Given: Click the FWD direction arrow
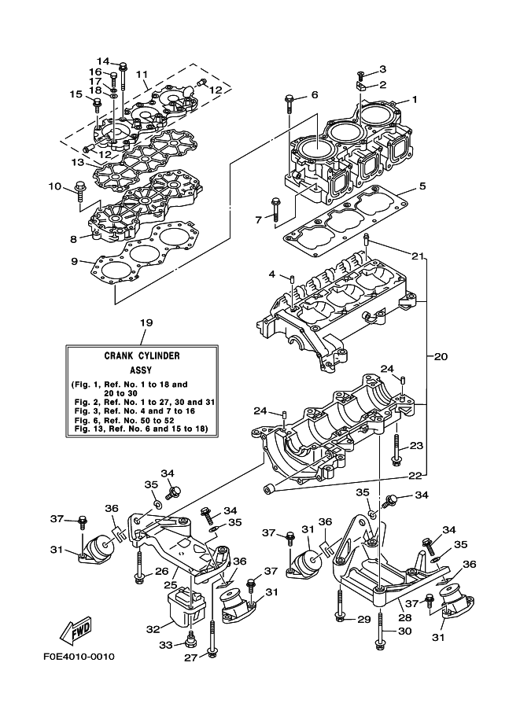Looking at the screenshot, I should [77, 631].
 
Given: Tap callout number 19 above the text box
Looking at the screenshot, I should [145, 322].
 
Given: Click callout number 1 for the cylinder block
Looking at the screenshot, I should [415, 100].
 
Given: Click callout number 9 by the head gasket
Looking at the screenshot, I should [73, 261].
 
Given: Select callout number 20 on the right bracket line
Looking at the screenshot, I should [440, 356].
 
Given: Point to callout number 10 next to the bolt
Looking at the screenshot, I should [54, 186].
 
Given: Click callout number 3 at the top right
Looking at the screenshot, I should [382, 69].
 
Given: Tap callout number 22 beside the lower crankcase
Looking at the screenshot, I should [416, 475].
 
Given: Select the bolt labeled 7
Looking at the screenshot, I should [275, 206].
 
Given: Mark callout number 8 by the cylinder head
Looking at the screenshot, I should [73, 237].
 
